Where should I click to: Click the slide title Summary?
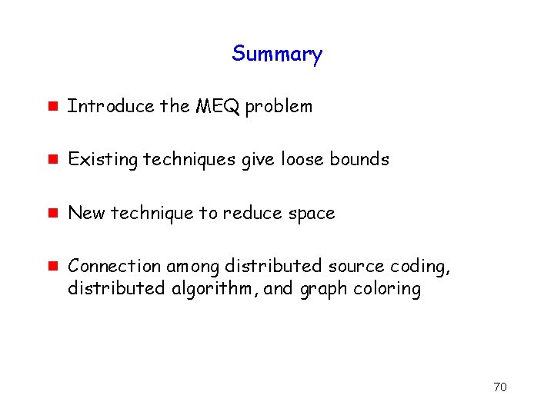click(277, 54)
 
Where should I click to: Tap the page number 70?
click(500, 387)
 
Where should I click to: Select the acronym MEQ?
click(218, 106)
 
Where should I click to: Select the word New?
click(86, 213)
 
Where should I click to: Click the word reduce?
click(248, 213)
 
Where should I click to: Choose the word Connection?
click(114, 266)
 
